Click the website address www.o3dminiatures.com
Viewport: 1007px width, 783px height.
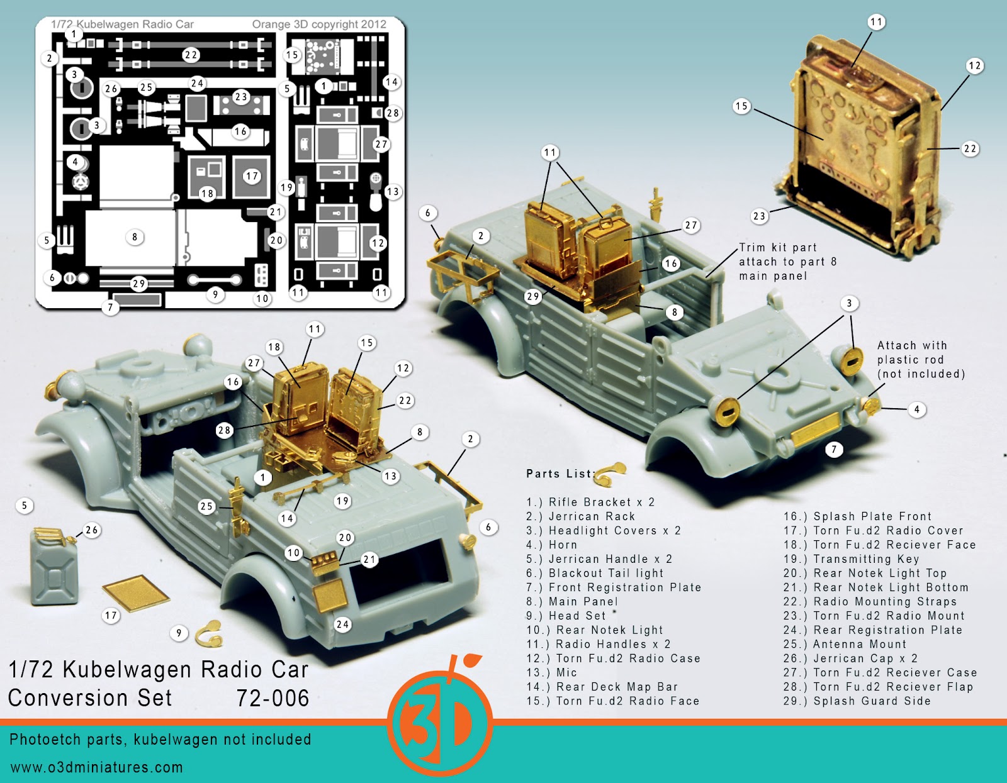96,767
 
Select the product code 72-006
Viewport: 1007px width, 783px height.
273,698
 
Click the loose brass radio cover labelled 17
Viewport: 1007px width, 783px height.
136,592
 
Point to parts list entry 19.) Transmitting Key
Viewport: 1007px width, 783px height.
851,559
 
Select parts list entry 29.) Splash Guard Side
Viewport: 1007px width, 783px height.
857,701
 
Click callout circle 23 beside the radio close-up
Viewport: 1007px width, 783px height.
760,216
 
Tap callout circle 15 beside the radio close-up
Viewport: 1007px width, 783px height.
742,106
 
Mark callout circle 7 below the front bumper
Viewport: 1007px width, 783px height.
834,449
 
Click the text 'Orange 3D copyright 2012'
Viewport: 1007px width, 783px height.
319,25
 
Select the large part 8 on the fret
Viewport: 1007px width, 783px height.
130,238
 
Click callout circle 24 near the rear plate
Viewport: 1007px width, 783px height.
342,625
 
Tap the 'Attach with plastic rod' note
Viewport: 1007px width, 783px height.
920,360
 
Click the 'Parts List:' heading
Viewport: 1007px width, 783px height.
559,474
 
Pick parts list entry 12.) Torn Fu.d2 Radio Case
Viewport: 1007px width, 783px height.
613,658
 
